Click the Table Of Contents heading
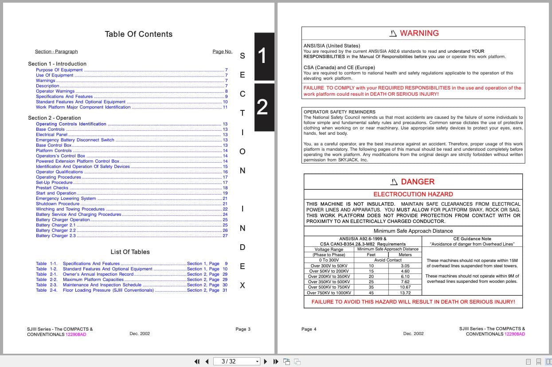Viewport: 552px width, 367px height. pos(138,34)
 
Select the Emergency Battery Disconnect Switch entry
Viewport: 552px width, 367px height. pos(75,140)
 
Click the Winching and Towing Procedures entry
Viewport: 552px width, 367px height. pos(70,209)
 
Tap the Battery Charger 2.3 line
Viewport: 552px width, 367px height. pos(56,236)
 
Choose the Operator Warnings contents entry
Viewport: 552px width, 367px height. pos(55,91)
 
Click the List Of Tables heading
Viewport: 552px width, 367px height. pos(130,252)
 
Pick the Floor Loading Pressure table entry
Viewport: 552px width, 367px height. pos(108,290)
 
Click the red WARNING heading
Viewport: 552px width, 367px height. pos(419,33)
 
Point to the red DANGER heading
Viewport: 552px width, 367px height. pos(417,182)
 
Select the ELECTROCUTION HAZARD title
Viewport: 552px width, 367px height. pos(413,194)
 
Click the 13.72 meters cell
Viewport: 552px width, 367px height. pos(405,293)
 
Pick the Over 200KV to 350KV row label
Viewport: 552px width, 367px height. pos(329,277)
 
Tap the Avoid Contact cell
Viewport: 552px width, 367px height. pos(388,260)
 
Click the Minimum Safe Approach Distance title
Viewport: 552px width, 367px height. pos(413,231)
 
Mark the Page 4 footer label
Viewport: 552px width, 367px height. pos(309,329)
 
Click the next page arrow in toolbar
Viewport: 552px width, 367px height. pos(266,361)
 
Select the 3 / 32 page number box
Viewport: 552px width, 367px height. pos(236,361)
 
